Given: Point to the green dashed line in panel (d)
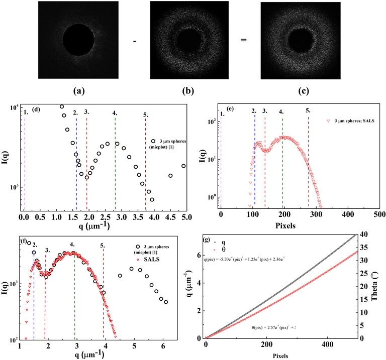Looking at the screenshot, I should tap(115, 161).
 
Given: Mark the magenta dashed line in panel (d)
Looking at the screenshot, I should tap(25, 161).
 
